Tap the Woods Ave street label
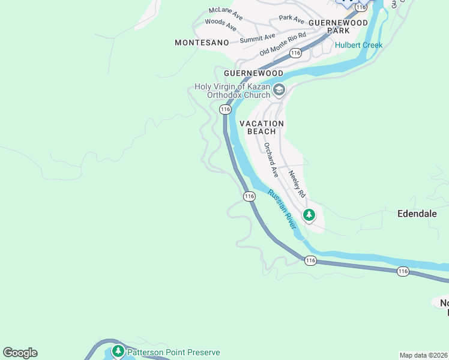point(220,24)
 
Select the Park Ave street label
point(292,19)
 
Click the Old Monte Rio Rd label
point(283,44)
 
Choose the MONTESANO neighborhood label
point(202,43)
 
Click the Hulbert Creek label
point(358,45)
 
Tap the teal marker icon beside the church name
point(279,90)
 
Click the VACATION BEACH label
point(262,127)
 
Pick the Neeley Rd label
point(297,184)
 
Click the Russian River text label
point(282,209)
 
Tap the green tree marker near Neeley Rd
point(309,215)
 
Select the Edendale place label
point(417,213)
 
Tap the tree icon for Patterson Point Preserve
point(118,352)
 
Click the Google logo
point(20,353)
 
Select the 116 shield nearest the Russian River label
point(249,196)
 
